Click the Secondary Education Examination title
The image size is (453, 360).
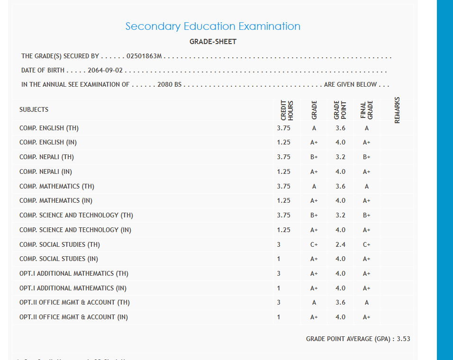click(x=213, y=27)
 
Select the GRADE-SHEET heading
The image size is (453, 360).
click(x=213, y=42)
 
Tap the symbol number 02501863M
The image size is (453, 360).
click(x=145, y=56)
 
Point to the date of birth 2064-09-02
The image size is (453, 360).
click(x=105, y=71)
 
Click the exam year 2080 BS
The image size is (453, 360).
click(x=170, y=85)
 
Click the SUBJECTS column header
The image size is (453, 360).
click(x=34, y=109)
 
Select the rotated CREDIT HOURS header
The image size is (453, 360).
click(x=287, y=109)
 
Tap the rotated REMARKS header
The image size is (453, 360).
click(x=397, y=110)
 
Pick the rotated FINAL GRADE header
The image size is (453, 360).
click(x=367, y=109)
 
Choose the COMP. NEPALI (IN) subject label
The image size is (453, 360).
click(x=45, y=171)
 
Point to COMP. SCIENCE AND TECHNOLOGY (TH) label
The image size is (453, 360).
click(x=76, y=215)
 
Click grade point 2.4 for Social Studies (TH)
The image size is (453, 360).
click(x=340, y=245)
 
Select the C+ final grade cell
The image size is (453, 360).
click(x=367, y=245)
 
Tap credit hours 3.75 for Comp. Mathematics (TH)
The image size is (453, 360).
click(x=284, y=186)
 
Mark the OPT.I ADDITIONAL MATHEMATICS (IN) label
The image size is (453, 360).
click(x=73, y=288)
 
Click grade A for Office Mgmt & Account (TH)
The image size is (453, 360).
click(x=314, y=303)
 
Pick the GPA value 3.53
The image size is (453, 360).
click(x=404, y=339)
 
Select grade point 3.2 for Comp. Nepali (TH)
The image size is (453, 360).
click(x=340, y=157)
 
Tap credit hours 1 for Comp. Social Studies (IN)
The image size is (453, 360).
click(x=279, y=259)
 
